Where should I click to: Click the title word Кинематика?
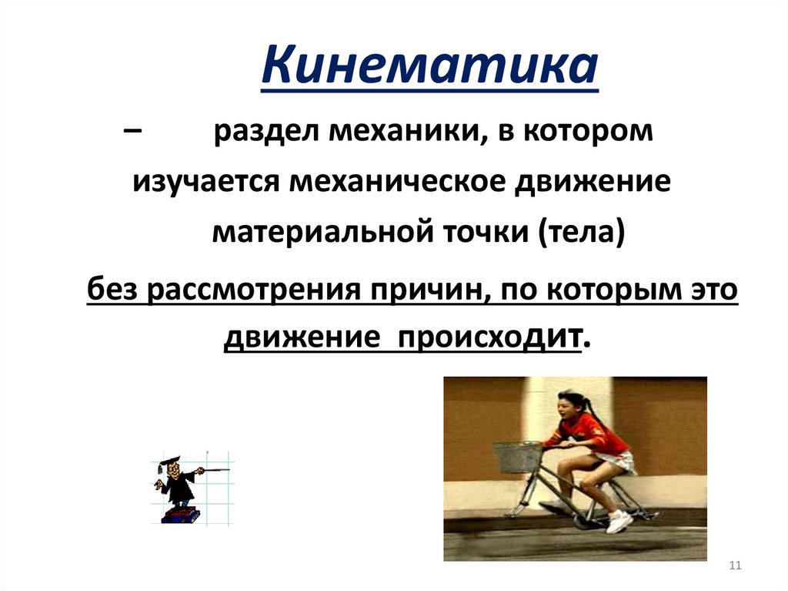pos(429,67)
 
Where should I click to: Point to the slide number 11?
pos(733,567)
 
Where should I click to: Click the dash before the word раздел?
pos(132,132)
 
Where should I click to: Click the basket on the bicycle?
pos(516,457)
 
